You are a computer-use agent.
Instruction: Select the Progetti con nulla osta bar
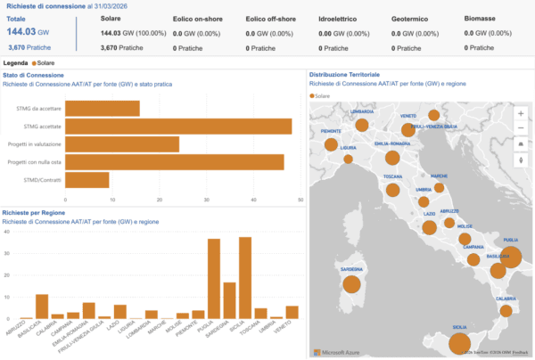coord(174,162)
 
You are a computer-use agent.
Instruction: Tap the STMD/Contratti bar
coord(86,180)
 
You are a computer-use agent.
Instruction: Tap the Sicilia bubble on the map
coord(459,340)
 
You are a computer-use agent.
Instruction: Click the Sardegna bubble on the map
coord(351,284)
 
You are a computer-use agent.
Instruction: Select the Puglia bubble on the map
coord(510,258)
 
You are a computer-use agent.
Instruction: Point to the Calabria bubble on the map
coord(506,311)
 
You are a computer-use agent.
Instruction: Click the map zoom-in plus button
coord(521,114)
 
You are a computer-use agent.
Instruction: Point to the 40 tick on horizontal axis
coord(255,199)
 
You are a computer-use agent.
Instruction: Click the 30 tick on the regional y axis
coord(8,253)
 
